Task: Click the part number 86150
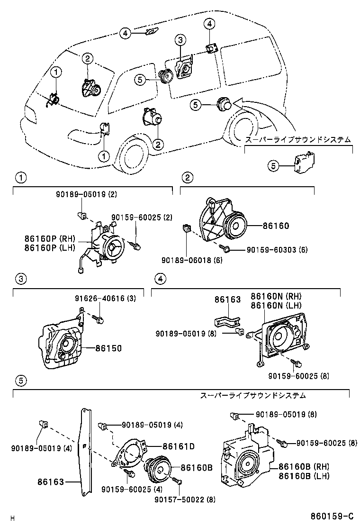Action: click(x=108, y=348)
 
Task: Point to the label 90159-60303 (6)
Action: click(x=277, y=250)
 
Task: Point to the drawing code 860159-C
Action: click(x=332, y=516)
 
